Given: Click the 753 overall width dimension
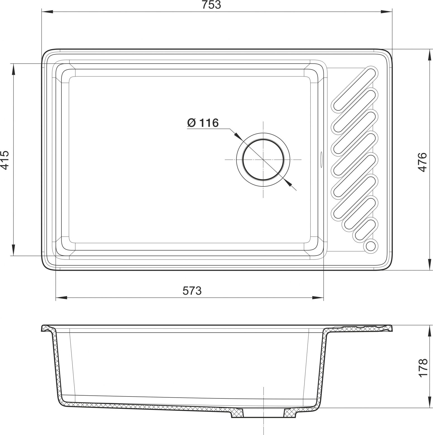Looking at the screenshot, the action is (x=211, y=5).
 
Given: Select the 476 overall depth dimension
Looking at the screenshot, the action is (x=423, y=162).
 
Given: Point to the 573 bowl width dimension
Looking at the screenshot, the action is (x=192, y=291).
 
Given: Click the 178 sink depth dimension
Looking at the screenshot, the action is (x=423, y=368).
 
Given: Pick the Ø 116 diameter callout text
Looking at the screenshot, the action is (x=203, y=123).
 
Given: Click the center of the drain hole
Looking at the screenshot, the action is (x=263, y=160).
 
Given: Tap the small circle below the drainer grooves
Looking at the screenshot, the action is (x=371, y=246).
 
